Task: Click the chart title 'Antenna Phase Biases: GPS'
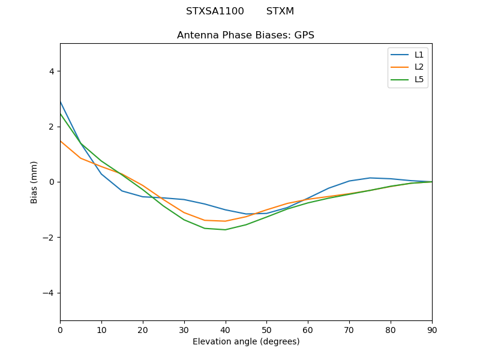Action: pos(245,35)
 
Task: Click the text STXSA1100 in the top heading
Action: pos(215,11)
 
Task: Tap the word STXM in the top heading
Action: pos(280,11)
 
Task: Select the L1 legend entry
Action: pos(419,55)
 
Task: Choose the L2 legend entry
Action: pos(419,67)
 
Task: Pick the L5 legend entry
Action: pos(419,80)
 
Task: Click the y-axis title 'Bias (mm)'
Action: pos(34,182)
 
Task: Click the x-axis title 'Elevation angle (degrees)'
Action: pos(246,342)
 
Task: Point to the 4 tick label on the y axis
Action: pos(51,71)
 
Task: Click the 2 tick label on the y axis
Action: pos(51,127)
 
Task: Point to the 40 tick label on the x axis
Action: pos(225,329)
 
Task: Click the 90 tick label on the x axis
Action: pos(431,329)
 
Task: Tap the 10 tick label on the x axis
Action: pos(101,329)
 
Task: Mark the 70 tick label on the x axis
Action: pos(349,329)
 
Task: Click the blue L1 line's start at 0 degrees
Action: pos(61,102)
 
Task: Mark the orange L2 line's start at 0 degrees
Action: pos(61,141)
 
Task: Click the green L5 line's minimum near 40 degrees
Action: pos(225,230)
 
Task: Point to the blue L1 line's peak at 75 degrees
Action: pos(370,178)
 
